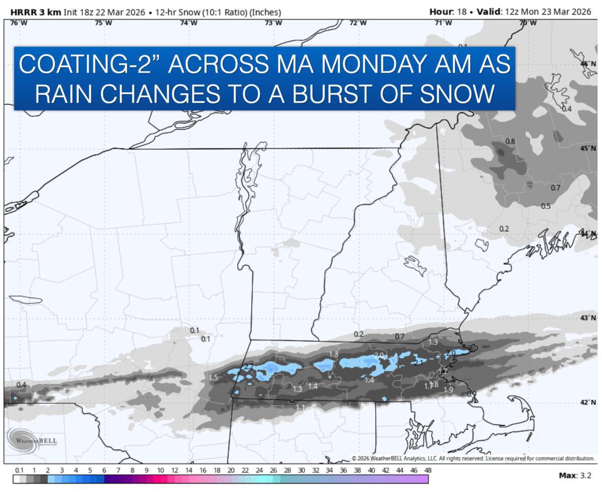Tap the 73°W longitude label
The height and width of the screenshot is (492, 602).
click(273, 23)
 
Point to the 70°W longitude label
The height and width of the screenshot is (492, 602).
click(528, 23)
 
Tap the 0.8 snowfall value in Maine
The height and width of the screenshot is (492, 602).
click(510, 141)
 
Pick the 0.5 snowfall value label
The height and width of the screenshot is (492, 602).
click(546, 206)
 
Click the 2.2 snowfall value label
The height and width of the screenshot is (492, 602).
click(249, 367)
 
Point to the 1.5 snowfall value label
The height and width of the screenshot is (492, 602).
click(213, 378)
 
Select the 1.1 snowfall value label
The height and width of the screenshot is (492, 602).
click(300, 408)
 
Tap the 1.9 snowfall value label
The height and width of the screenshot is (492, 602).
click(448, 390)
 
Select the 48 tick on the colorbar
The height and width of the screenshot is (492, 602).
click(427, 470)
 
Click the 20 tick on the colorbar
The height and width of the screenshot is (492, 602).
click(231, 470)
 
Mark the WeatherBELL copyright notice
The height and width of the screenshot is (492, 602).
click(473, 458)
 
